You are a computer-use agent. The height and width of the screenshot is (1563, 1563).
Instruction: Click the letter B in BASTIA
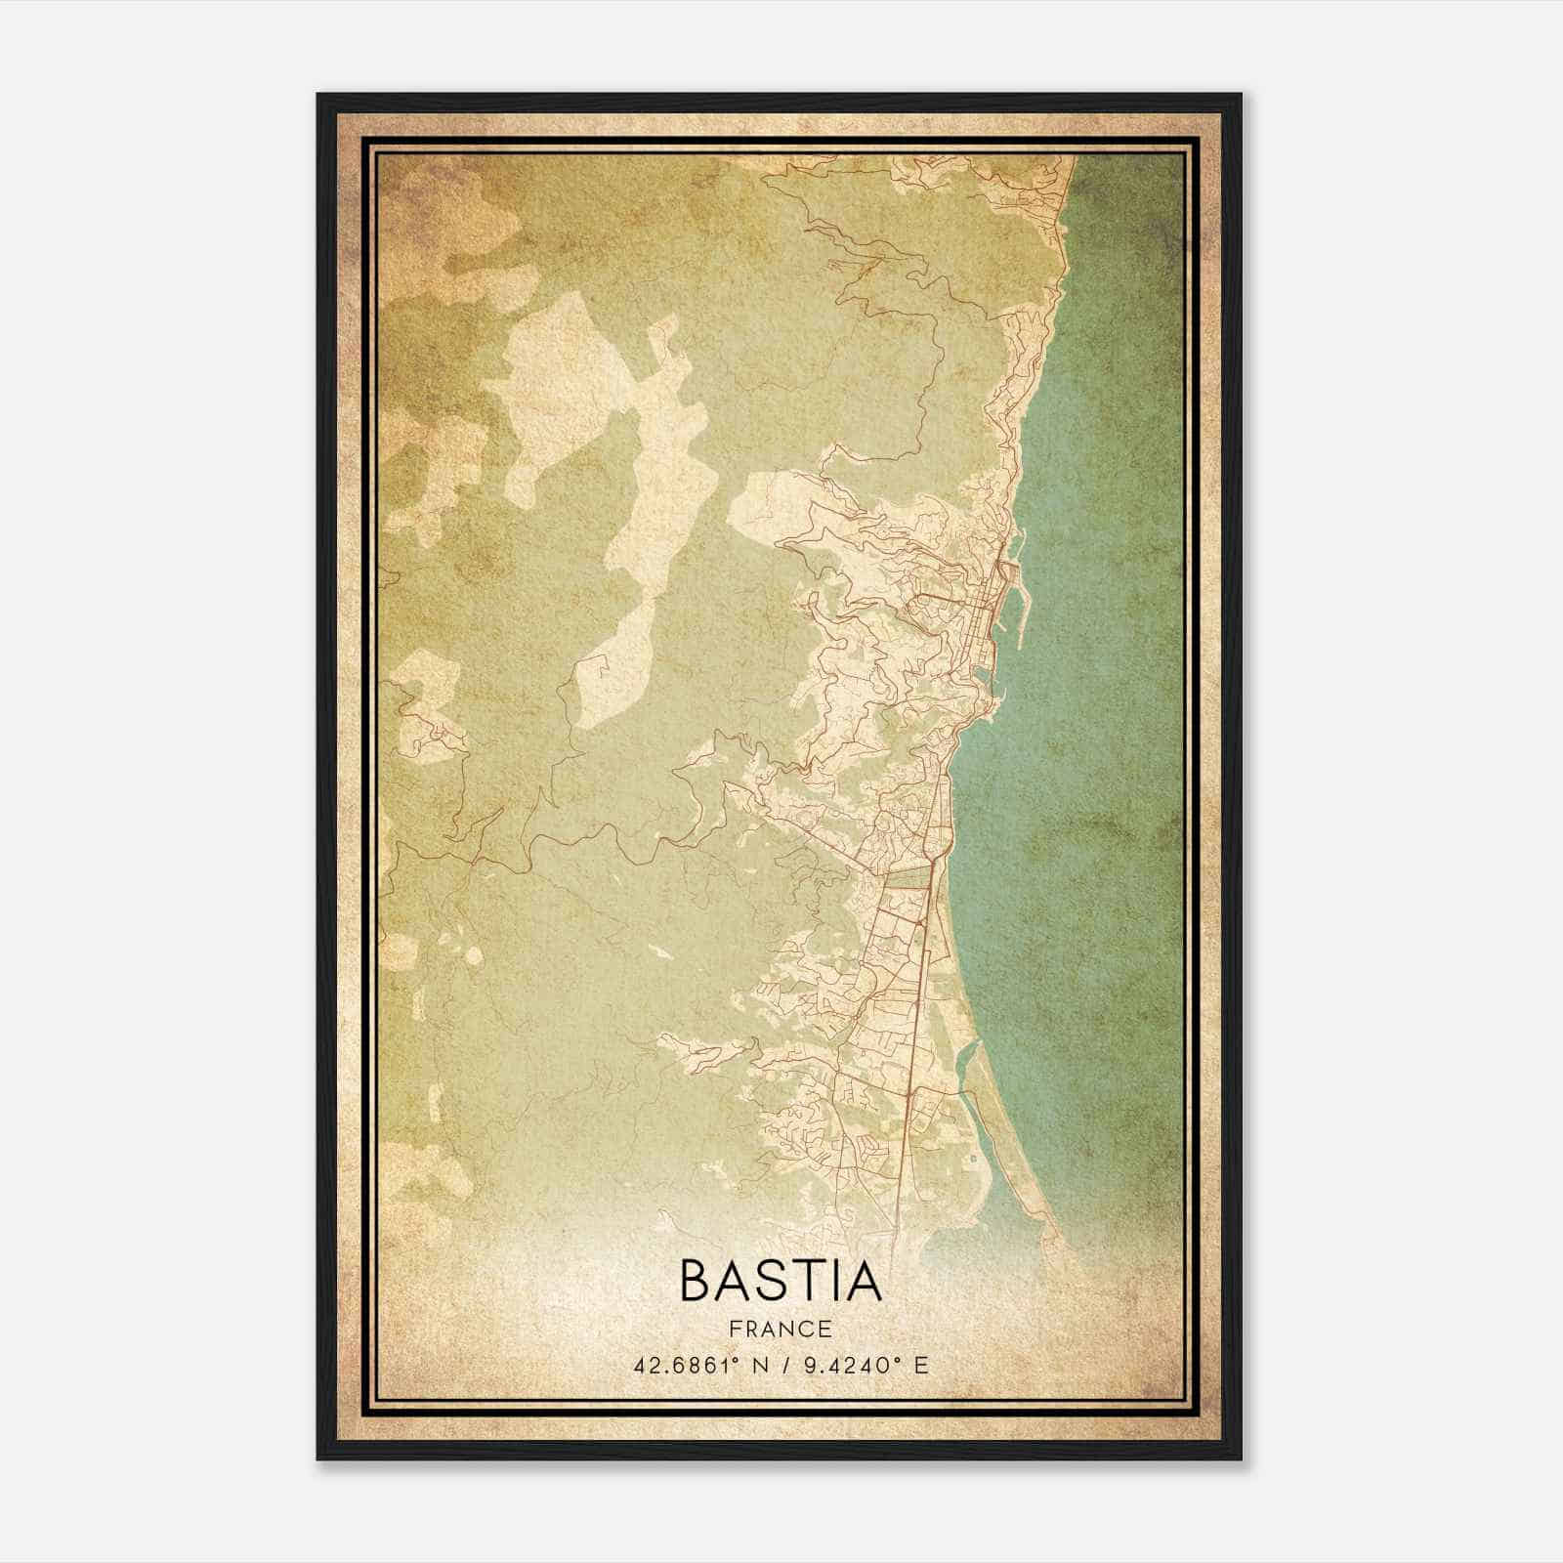698,1282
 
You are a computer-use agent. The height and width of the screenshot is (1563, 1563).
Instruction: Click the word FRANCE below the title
781,1329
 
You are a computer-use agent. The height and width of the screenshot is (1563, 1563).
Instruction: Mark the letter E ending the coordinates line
920,1365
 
